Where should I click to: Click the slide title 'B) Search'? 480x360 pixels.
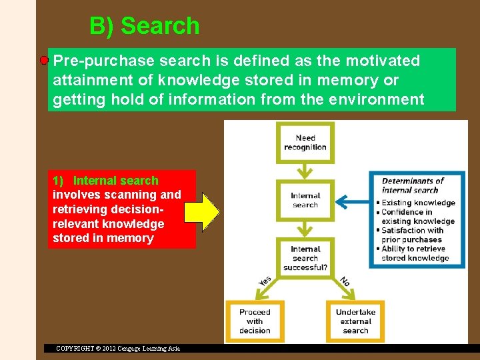pyautogui.click(x=144, y=26)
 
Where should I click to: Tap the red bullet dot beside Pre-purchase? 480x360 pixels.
pyautogui.click(x=44, y=61)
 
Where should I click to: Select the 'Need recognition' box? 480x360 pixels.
pyautogui.click(x=305, y=143)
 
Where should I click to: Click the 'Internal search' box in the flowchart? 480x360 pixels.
pyautogui.click(x=305, y=200)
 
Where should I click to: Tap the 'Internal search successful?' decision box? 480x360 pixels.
pyautogui.click(x=305, y=258)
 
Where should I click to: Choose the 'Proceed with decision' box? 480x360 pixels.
pyautogui.click(x=255, y=321)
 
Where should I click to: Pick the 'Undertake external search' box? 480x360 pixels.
pyautogui.click(x=355, y=321)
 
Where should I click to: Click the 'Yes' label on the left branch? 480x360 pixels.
pyautogui.click(x=265, y=281)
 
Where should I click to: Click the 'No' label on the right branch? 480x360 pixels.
pyautogui.click(x=345, y=281)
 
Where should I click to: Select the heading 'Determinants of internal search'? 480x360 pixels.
pyautogui.click(x=413, y=185)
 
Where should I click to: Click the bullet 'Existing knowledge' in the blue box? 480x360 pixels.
pyautogui.click(x=419, y=203)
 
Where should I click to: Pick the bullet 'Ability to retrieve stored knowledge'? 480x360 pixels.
pyautogui.click(x=415, y=253)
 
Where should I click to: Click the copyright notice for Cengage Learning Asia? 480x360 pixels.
pyautogui.click(x=118, y=348)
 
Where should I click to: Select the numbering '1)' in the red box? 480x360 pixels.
pyautogui.click(x=58, y=181)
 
